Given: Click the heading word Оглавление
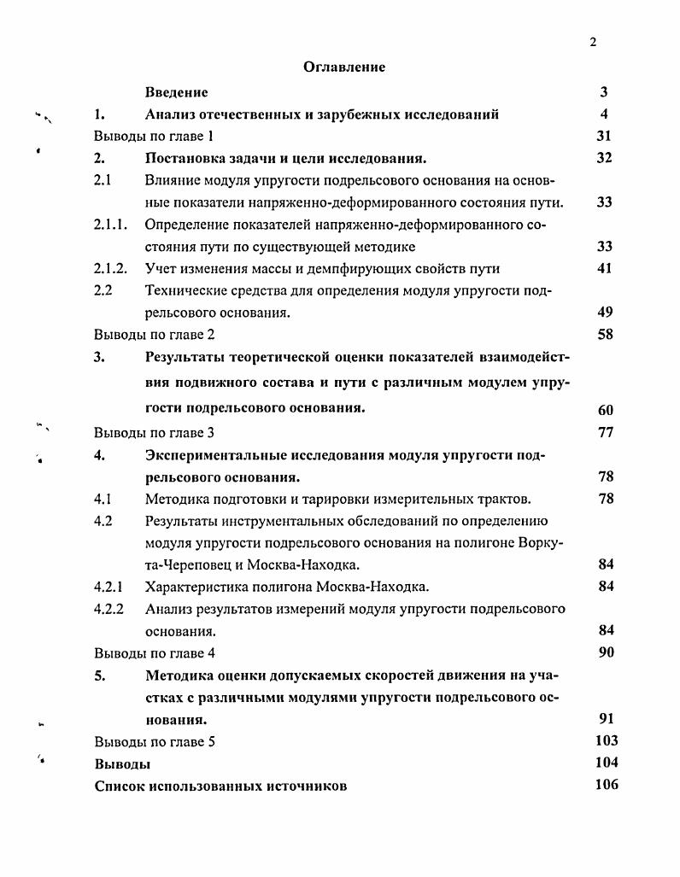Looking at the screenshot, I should (x=344, y=67).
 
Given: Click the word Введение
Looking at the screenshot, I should (x=176, y=92).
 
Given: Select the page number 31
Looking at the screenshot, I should (x=604, y=137).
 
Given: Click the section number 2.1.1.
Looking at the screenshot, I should (x=110, y=225).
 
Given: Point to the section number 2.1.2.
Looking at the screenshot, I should (x=110, y=269).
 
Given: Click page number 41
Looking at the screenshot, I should (x=605, y=269).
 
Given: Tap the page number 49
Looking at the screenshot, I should (x=605, y=313).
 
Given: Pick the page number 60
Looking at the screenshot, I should (x=605, y=409).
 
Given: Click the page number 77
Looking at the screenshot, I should (x=605, y=432).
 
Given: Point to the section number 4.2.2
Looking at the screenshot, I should (x=108, y=609).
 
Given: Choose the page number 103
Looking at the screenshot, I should (x=606, y=741).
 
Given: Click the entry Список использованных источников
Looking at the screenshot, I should (x=220, y=786).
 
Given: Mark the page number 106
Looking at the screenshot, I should (x=606, y=785).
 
